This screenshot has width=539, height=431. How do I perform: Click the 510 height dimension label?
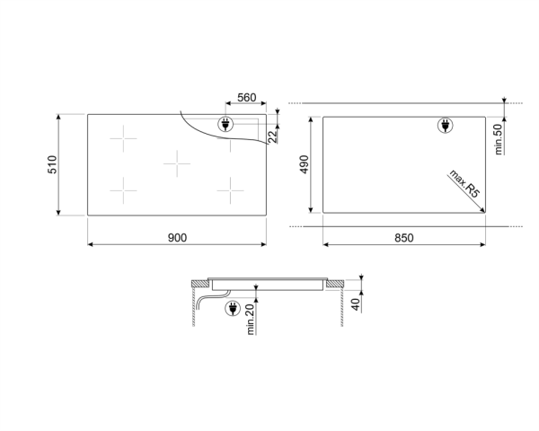tap(54, 165)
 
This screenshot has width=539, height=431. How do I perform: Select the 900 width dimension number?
tap(176, 237)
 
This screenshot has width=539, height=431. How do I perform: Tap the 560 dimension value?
tap(248, 97)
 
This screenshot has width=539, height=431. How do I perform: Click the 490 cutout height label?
tap(305, 165)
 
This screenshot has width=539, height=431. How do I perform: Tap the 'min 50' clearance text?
tap(499, 138)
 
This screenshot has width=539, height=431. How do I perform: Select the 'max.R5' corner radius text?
tap(464, 187)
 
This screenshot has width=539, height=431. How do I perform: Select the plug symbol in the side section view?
tap(231, 309)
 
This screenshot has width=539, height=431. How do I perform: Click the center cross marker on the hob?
tap(178, 164)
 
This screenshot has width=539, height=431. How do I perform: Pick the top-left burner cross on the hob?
tap(123, 140)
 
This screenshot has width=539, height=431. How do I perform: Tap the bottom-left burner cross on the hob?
tap(123, 189)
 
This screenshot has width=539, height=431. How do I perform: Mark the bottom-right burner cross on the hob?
tap(232, 189)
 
